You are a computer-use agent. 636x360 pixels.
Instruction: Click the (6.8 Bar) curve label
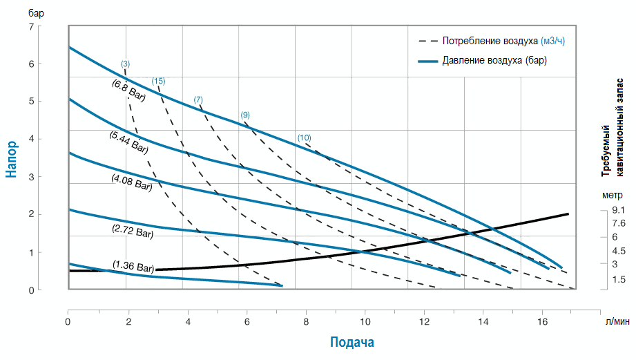point(128,91)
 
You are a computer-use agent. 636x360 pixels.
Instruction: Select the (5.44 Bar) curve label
point(128,141)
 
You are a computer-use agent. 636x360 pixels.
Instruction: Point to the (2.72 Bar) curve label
point(133,230)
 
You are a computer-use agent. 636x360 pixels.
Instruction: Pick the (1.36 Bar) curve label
point(133,266)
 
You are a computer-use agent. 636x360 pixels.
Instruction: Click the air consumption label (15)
point(158,82)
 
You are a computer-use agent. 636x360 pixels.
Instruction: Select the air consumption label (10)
point(304,138)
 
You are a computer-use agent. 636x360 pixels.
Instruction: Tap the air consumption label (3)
point(125,64)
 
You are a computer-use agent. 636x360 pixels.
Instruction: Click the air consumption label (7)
point(198,100)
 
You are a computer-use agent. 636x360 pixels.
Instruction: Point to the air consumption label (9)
point(245,115)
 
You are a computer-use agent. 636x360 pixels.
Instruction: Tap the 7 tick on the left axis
point(30,26)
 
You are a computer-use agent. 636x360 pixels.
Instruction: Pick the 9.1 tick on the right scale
point(618,209)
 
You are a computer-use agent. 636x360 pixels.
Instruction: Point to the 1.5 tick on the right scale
point(618,278)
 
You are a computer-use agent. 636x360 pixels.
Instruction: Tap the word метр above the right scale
point(612,195)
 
